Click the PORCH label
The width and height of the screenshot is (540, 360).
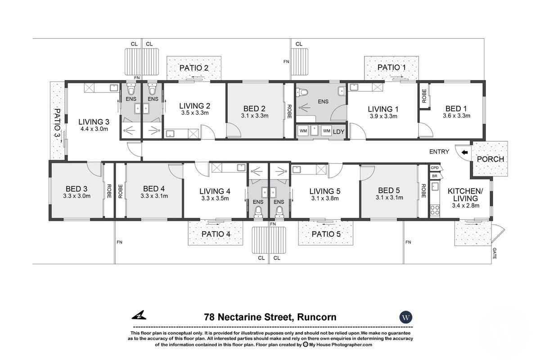pos(490,159)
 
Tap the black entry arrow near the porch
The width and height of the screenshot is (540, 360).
pos(464,153)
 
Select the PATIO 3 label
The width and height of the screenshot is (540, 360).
pos(58,126)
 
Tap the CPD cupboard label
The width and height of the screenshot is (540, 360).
pos(435,168)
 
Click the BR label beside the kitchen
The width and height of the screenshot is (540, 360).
pos(435,175)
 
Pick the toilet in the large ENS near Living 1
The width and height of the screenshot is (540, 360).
pos(304,93)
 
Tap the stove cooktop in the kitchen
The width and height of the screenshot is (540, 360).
pos(435,209)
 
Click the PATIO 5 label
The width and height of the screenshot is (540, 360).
pos(325,234)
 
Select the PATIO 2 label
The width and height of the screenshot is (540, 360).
pos(194,68)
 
